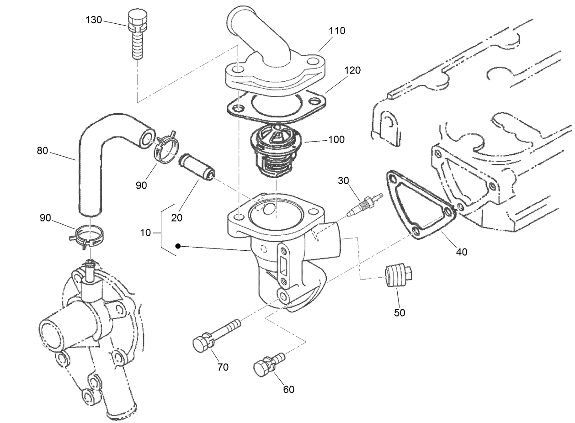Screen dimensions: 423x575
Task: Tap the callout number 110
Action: pos(337,31)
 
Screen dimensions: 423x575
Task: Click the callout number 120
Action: pos(352,70)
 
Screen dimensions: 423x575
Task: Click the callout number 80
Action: pos(43,150)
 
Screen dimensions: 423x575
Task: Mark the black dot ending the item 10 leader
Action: pos(178,246)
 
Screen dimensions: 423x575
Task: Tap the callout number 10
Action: pos(145,233)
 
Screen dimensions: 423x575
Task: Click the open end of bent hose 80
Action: pos(147,138)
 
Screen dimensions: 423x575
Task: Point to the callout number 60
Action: pos(288,389)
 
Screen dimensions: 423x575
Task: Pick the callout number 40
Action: pos(462,252)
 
